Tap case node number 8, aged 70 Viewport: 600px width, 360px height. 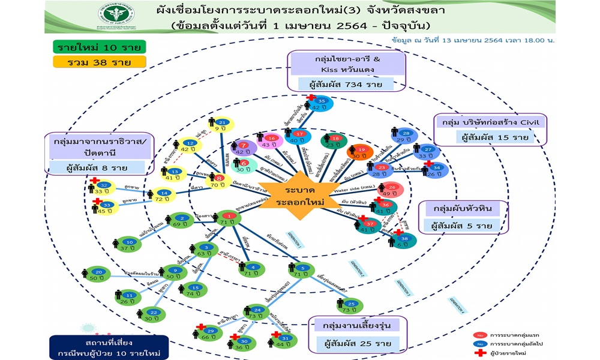click(218, 182)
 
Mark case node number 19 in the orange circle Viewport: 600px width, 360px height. click(360, 152)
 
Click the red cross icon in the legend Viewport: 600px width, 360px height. click(480, 353)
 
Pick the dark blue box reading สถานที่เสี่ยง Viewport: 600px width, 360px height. click(106, 347)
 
